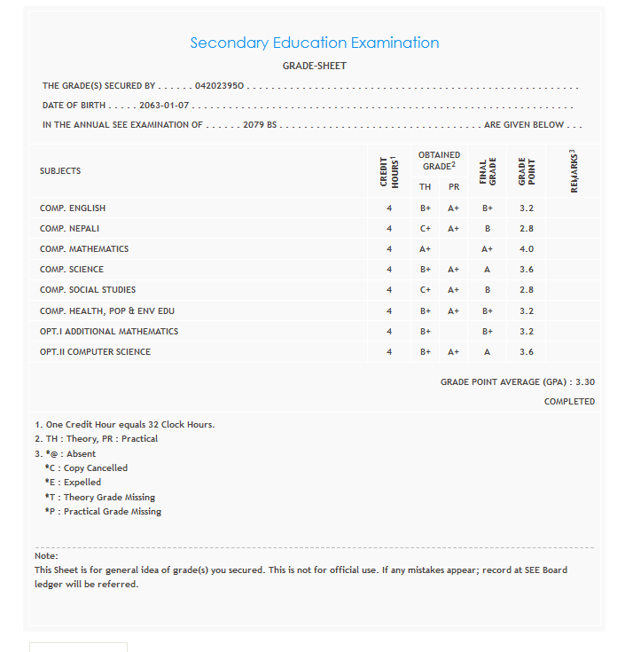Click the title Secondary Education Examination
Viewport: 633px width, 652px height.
click(x=315, y=43)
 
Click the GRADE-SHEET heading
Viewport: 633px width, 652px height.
click(x=315, y=66)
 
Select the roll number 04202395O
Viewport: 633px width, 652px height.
click(x=221, y=86)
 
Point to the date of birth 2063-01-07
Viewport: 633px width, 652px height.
click(x=164, y=106)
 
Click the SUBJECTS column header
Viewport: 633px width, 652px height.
click(x=60, y=170)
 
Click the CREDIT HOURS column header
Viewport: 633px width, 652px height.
click(x=388, y=171)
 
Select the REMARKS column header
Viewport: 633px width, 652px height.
click(x=574, y=171)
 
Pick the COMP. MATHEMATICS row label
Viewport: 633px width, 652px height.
click(x=84, y=249)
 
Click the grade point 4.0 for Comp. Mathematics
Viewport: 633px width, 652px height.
click(x=526, y=249)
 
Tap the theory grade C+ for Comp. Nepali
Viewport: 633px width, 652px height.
click(x=426, y=229)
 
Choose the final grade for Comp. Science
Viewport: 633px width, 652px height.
click(x=487, y=270)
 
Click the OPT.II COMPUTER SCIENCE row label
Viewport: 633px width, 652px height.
click(x=95, y=352)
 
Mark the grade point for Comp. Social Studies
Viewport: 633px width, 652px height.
click(x=526, y=290)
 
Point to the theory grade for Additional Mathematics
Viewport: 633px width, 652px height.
click(x=426, y=332)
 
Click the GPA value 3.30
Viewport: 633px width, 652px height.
click(x=585, y=382)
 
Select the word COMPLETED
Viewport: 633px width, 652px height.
click(x=569, y=402)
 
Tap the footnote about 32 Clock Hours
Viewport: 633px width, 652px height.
click(x=124, y=424)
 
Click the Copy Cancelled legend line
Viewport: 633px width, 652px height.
click(x=86, y=467)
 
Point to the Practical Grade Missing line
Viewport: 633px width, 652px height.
click(x=103, y=512)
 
